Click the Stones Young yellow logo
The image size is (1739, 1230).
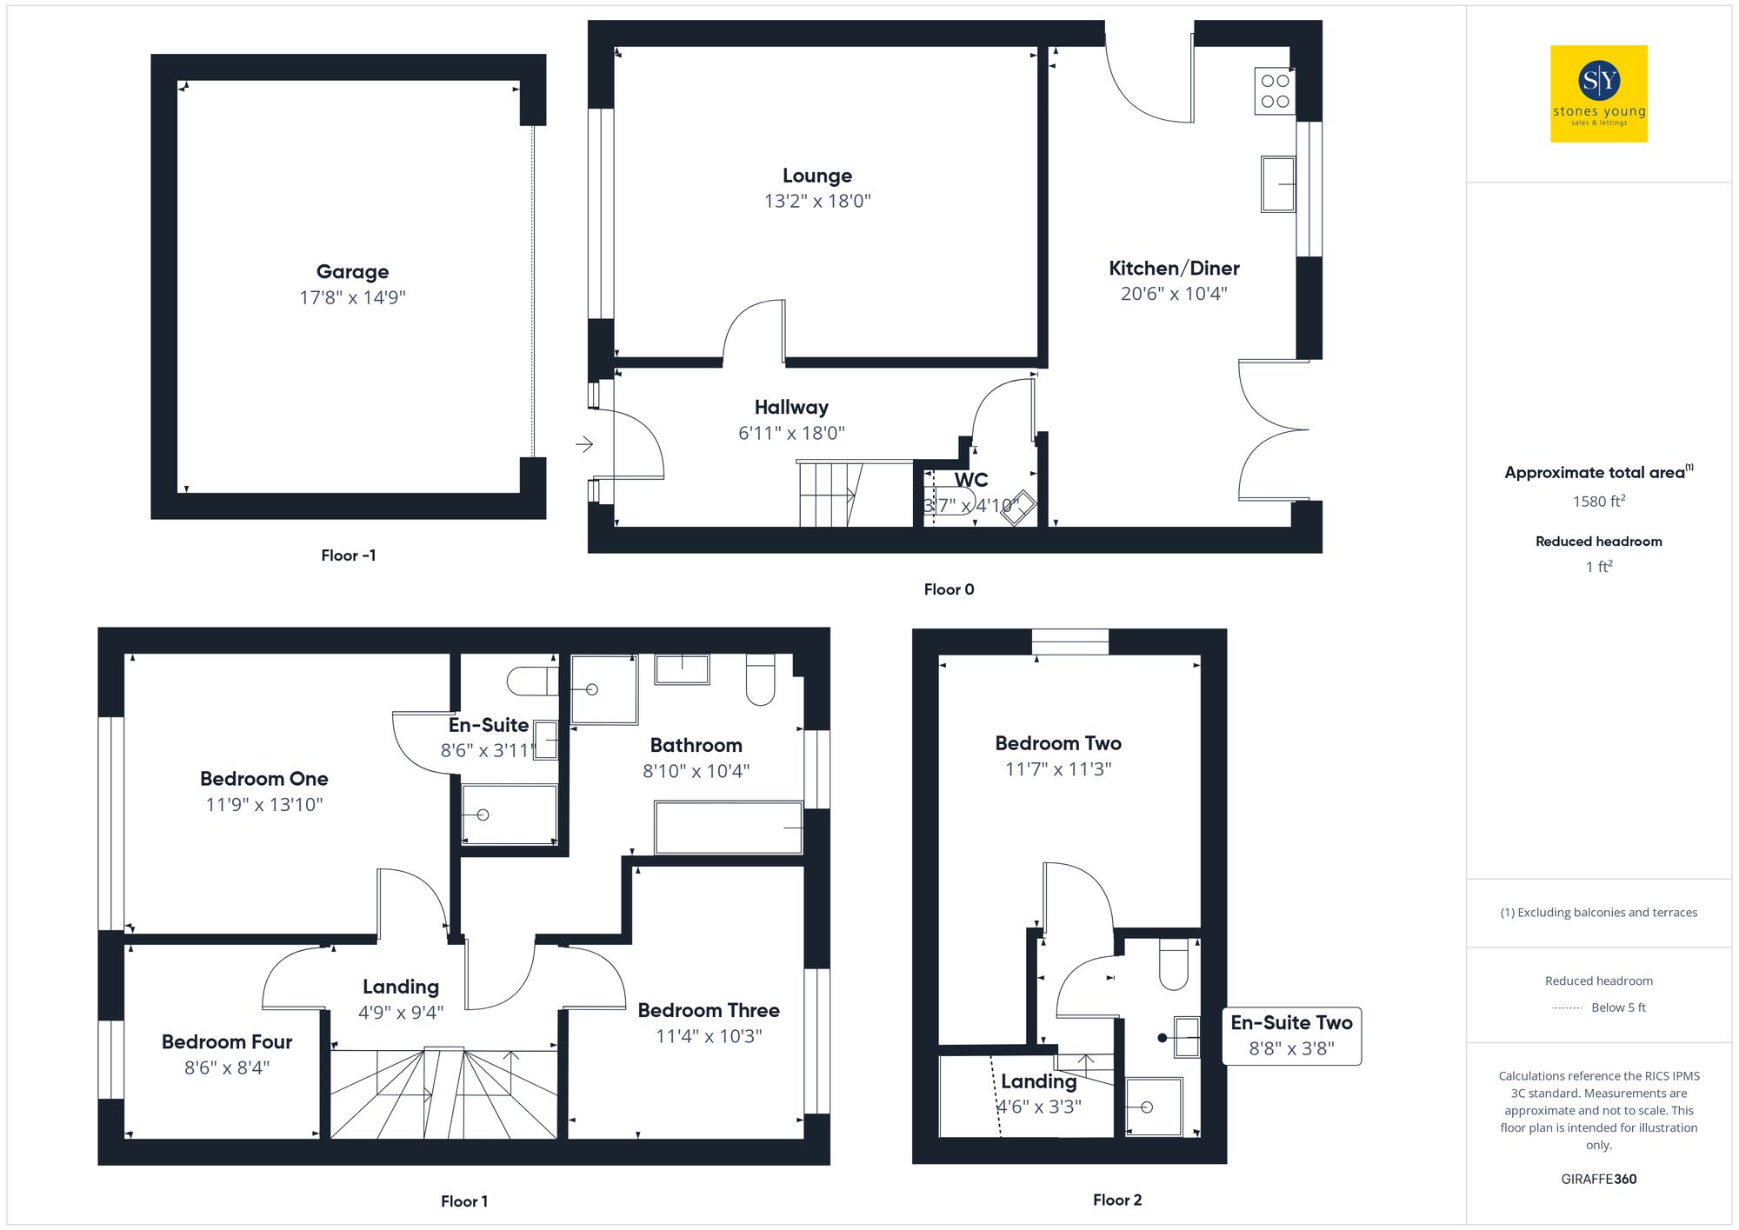(1598, 94)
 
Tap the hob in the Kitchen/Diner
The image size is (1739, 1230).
(1275, 91)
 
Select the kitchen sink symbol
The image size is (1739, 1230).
(1277, 183)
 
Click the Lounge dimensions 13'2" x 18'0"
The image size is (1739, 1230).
(817, 202)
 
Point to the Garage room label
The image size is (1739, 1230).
(352, 272)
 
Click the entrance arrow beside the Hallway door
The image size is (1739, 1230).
(584, 444)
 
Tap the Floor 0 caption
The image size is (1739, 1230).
(949, 589)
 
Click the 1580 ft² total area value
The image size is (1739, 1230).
(1598, 502)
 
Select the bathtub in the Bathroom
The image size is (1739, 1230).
(728, 828)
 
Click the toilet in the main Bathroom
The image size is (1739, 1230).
(760, 681)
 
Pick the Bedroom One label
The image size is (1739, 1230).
(264, 779)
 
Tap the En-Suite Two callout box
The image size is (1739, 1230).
(1291, 1035)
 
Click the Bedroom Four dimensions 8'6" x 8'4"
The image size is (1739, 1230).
(227, 1067)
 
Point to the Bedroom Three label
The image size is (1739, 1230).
(709, 1010)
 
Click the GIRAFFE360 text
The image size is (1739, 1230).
(1598, 1179)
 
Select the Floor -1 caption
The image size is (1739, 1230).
(348, 555)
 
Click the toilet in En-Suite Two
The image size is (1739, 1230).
(1173, 965)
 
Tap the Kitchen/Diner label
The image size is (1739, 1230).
(1174, 269)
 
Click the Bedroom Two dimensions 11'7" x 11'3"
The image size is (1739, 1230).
(1058, 769)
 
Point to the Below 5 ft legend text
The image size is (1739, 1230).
(1617, 1007)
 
